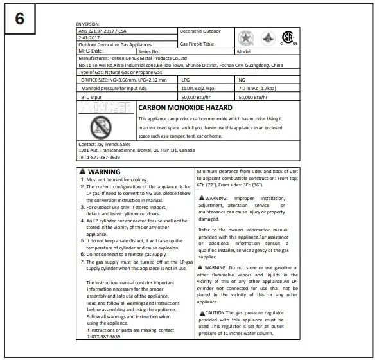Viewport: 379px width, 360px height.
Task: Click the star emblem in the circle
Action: (245, 37)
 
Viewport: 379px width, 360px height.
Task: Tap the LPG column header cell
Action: (187, 79)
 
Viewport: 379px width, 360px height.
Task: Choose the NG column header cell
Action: (242, 79)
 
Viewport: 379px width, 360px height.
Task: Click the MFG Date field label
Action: (91, 50)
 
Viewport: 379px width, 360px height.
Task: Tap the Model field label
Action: (244, 51)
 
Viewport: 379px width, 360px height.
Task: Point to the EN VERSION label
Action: (88, 24)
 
